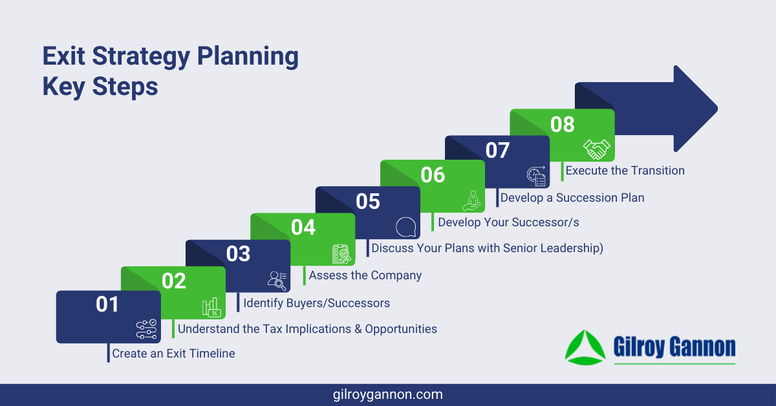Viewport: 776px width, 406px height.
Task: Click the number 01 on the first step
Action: tap(108, 304)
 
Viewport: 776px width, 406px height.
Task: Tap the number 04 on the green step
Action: tap(303, 228)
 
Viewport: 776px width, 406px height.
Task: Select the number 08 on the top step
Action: tap(562, 123)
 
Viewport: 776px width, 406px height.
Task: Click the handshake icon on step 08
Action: tap(596, 149)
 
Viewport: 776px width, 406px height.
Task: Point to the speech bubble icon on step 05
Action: tap(405, 228)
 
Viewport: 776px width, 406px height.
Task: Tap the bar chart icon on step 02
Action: tap(211, 307)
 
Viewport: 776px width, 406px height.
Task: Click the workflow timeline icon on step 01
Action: tap(146, 330)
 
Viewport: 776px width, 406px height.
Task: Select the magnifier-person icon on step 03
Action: tap(277, 279)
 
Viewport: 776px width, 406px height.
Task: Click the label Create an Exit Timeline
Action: tap(173, 354)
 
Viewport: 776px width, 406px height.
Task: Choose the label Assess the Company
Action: tap(365, 275)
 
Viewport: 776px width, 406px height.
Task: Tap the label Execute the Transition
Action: tap(625, 171)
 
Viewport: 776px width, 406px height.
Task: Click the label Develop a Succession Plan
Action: tap(572, 198)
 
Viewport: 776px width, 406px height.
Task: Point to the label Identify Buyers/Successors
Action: tap(316, 303)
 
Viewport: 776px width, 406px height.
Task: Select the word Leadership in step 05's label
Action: tap(568, 248)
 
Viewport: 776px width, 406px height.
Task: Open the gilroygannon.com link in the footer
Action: tap(387, 394)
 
